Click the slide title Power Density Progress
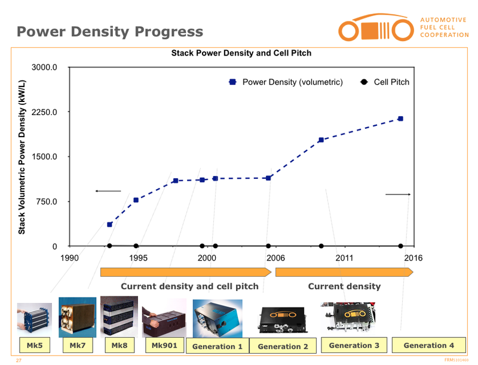[x=109, y=32]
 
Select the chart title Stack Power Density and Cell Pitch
[x=241, y=53]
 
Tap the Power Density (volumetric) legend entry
[x=286, y=82]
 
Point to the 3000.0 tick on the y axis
[x=44, y=67]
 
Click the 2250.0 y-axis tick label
[x=44, y=112]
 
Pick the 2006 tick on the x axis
[x=275, y=258]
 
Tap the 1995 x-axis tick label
[x=138, y=258]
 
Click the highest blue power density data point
[x=400, y=119]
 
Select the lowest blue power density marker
[x=109, y=224]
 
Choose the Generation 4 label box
[x=428, y=345]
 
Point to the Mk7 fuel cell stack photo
[x=77, y=317]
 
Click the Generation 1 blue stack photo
[x=217, y=318]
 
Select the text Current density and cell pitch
[x=189, y=286]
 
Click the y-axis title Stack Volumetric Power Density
[x=22, y=156]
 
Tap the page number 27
[x=18, y=360]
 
